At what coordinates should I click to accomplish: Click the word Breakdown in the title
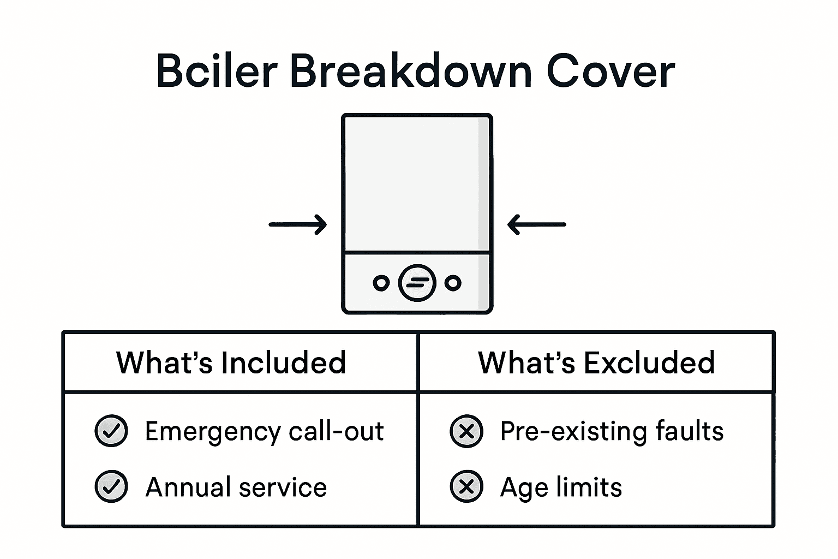pyautogui.click(x=410, y=72)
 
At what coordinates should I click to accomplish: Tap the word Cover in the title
pyautogui.click(x=610, y=72)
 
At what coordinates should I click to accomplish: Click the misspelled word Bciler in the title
pyautogui.click(x=217, y=72)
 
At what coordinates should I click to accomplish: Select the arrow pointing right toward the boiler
pyautogui.click(x=298, y=224)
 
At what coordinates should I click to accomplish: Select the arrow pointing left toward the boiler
pyautogui.click(x=537, y=224)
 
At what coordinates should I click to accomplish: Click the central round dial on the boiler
pyautogui.click(x=417, y=283)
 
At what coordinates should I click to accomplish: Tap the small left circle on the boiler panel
pyautogui.click(x=381, y=283)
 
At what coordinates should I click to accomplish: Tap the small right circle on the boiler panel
pyautogui.click(x=453, y=283)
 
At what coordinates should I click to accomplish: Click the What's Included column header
pyautogui.click(x=231, y=362)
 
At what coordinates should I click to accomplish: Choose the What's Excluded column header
pyautogui.click(x=596, y=362)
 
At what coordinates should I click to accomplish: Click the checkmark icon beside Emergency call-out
pyautogui.click(x=111, y=431)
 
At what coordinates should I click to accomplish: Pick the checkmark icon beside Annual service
pyautogui.click(x=111, y=486)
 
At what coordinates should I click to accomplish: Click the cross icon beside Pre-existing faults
pyautogui.click(x=466, y=431)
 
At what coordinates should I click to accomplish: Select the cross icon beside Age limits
pyautogui.click(x=466, y=486)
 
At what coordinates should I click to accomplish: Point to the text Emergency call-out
pyautogui.click(x=264, y=431)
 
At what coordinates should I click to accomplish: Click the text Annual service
pyautogui.click(x=236, y=487)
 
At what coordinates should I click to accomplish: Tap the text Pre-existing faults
pyautogui.click(x=612, y=431)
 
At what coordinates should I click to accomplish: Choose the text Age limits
pyautogui.click(x=561, y=487)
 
